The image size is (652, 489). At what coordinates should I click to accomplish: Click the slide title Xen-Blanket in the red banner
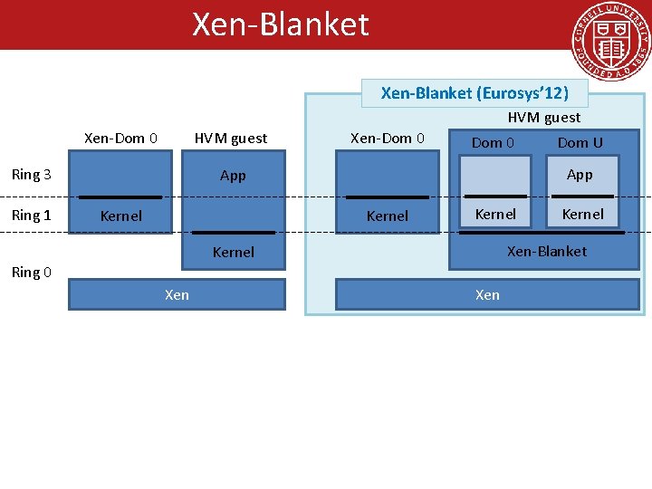(280, 24)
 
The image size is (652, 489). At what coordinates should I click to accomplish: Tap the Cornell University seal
(610, 43)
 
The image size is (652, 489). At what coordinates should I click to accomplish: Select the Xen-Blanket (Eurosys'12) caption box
(475, 93)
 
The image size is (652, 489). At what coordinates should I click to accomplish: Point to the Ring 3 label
(31, 175)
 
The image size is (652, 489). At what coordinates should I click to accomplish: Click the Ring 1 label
(31, 216)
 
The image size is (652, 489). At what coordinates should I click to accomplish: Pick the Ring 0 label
(31, 272)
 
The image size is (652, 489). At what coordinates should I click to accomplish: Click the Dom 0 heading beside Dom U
(493, 142)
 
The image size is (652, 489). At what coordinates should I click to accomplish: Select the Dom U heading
(580, 142)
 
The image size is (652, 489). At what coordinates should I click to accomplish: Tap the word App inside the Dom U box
(580, 175)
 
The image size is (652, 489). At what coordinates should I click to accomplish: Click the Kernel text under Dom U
(582, 215)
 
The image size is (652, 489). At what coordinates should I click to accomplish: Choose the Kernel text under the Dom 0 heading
(495, 215)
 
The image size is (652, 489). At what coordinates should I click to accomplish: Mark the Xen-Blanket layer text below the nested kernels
(546, 251)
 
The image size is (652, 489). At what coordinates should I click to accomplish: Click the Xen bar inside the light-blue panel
(487, 294)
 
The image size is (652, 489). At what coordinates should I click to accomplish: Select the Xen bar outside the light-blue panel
(177, 294)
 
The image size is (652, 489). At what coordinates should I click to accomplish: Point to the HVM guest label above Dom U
(543, 117)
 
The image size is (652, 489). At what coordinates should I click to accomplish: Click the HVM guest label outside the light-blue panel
(231, 139)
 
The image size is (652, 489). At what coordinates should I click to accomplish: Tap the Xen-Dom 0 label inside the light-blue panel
(387, 139)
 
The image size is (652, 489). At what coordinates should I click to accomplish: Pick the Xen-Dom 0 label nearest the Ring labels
(120, 139)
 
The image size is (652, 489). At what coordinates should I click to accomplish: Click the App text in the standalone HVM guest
(233, 176)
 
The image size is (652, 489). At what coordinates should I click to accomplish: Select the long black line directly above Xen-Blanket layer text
(543, 233)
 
